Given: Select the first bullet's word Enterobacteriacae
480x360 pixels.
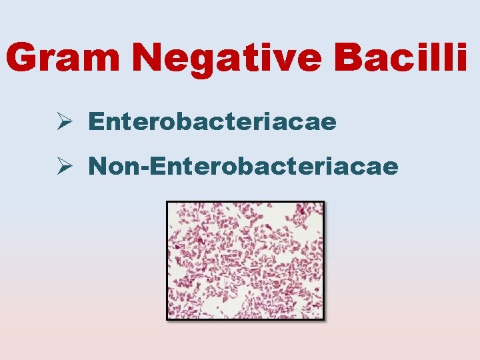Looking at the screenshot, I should (x=211, y=122).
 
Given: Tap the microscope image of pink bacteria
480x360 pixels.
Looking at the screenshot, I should (x=245, y=261).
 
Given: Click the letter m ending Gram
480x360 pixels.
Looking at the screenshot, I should (x=107, y=62).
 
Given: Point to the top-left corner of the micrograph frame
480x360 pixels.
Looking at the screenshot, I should (x=167, y=202).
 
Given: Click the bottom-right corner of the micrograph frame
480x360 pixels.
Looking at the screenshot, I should (x=324, y=319).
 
